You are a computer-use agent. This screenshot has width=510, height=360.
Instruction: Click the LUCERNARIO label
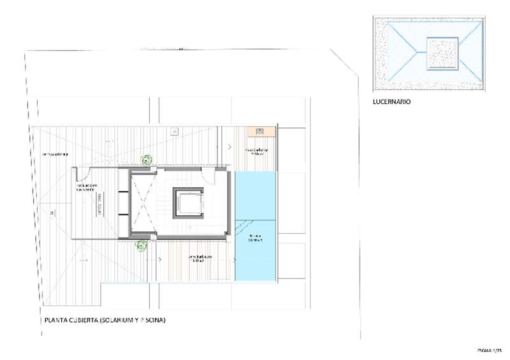pyautogui.click(x=391, y=101)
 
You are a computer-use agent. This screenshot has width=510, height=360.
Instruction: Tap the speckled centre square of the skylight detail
pyautogui.click(x=442, y=53)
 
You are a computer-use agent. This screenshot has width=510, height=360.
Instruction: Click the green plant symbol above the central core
pyautogui.click(x=147, y=160)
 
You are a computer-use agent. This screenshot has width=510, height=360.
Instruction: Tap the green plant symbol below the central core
pyautogui.click(x=142, y=244)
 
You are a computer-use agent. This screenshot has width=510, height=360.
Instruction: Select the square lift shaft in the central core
pyautogui.click(x=189, y=203)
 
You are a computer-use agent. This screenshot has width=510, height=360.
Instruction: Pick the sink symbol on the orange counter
pyautogui.click(x=260, y=131)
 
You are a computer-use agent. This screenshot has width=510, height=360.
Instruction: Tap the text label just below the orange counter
pyautogui.click(x=256, y=152)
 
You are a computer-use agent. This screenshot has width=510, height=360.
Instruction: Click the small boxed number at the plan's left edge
pyautogui.click(x=51, y=212)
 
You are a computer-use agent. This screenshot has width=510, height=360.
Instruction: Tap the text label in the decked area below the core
pyautogui.click(x=200, y=259)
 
